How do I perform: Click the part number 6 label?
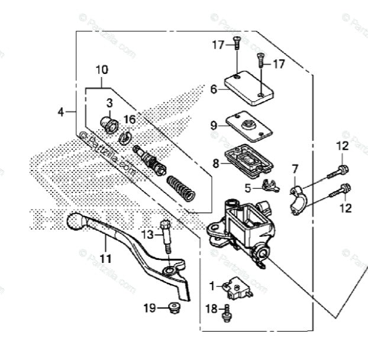pos(214,89)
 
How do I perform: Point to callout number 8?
pos(216,162)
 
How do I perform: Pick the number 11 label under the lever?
pos(105,258)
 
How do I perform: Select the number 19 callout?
pos(151,307)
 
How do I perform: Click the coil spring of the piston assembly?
pos(182,189)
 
